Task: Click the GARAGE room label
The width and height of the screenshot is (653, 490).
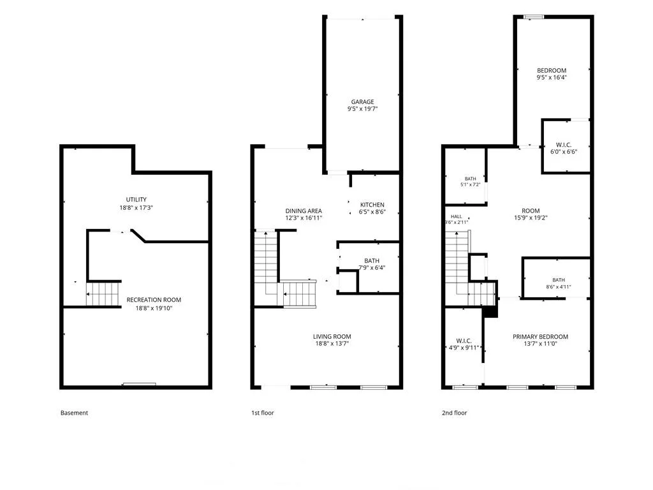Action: tap(362, 101)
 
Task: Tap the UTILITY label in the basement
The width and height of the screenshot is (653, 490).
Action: tap(136, 200)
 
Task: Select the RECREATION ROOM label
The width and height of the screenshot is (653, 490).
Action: tap(154, 300)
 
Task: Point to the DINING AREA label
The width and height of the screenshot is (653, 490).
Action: tap(304, 211)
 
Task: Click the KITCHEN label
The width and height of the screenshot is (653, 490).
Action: tap(372, 205)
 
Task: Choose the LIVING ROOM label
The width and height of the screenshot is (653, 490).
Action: tap(332, 336)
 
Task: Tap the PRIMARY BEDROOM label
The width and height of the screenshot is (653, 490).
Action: tap(540, 337)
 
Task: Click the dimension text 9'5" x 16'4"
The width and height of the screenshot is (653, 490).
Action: tap(552, 77)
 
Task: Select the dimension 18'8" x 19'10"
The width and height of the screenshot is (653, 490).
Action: tap(154, 308)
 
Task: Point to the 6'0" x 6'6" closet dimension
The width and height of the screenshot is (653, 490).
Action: tap(564, 152)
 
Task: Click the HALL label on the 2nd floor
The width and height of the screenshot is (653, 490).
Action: tap(456, 217)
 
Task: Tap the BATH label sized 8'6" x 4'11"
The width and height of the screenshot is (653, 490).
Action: tap(559, 280)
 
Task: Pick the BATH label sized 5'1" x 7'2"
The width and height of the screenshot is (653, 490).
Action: tap(470, 179)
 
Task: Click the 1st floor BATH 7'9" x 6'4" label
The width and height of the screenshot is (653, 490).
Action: tap(372, 261)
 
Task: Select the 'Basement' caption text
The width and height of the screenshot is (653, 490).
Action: tap(74, 413)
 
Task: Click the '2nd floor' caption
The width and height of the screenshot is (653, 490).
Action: tap(454, 413)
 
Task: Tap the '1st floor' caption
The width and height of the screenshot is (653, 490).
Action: tap(262, 413)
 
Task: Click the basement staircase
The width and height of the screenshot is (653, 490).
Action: tap(104, 293)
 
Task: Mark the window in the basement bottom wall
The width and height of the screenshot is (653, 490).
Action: tap(139, 384)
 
